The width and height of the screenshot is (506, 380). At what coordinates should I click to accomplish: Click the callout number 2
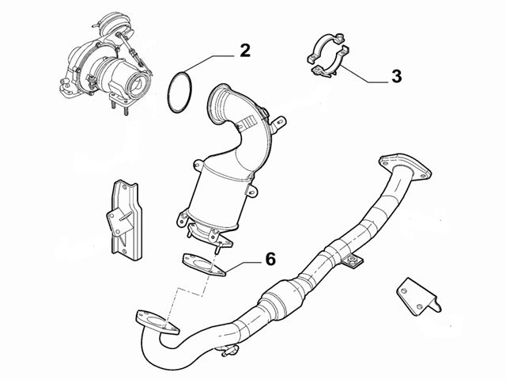pyautogui.click(x=245, y=51)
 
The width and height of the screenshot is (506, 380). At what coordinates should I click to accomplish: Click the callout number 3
pyautogui.click(x=395, y=77)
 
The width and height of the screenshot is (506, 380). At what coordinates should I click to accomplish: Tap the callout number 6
pyautogui.click(x=270, y=259)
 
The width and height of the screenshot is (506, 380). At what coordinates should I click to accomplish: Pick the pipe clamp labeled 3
pyautogui.click(x=326, y=55)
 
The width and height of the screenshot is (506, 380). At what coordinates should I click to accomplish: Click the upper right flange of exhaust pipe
pyautogui.click(x=404, y=165)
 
